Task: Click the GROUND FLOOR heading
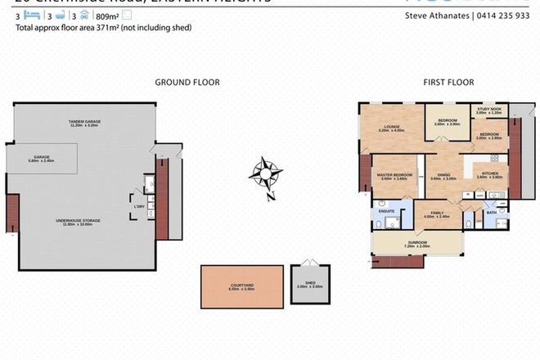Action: (187, 82)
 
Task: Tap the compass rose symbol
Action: (268, 174)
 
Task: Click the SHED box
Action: (310, 286)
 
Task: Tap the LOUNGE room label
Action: (389, 128)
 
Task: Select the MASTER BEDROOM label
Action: (394, 175)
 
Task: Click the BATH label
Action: (491, 212)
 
